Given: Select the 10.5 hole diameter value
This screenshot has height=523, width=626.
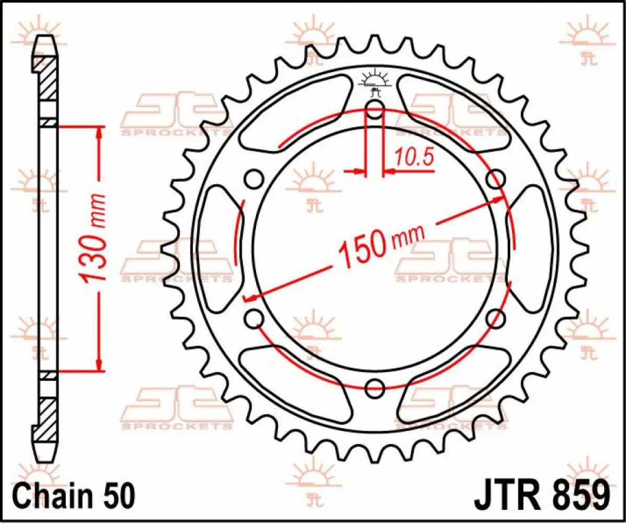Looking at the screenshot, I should coord(414,157).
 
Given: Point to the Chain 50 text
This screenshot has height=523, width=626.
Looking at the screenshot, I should coord(75,494).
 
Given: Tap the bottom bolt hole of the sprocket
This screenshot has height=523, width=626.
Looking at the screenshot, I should coord(375,388).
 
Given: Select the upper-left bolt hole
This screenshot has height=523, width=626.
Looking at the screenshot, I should coord(254,179).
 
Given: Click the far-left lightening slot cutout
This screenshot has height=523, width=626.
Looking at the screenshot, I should coord(221,248).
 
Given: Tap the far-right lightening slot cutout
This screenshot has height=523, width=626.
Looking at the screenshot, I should coord(529,248).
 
